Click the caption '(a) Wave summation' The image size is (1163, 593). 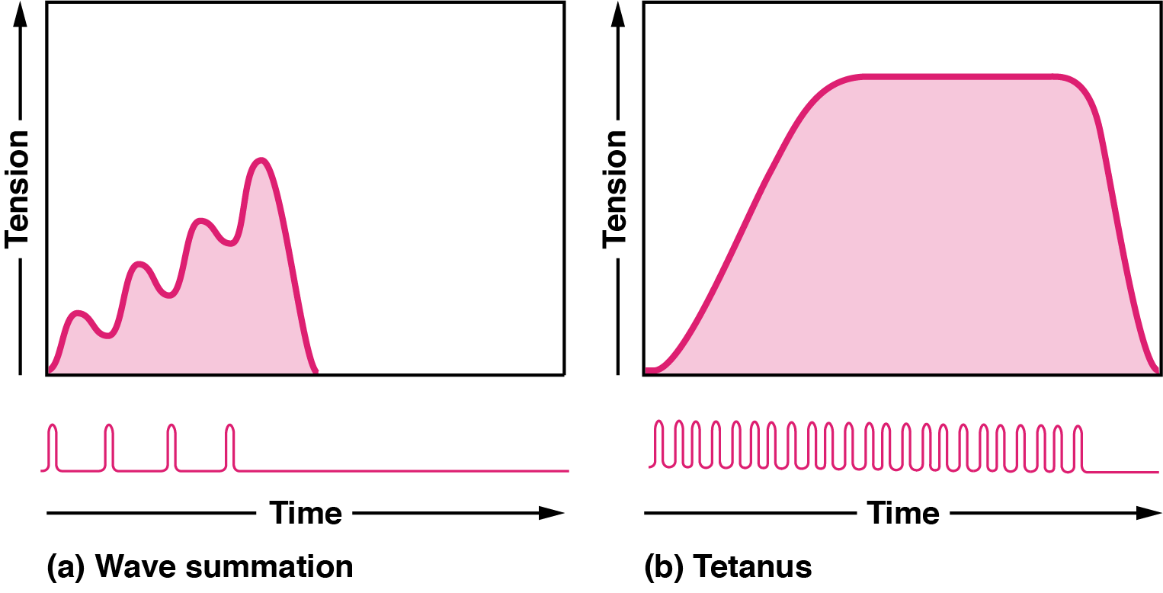pyautogui.click(x=200, y=568)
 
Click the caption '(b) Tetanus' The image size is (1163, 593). pyautogui.click(x=728, y=568)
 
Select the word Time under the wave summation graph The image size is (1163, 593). pyautogui.click(x=305, y=513)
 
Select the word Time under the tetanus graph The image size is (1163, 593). pyautogui.click(x=903, y=513)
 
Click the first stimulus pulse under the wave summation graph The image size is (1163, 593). pyautogui.click(x=53, y=446)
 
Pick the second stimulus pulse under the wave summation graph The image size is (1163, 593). pyautogui.click(x=109, y=446)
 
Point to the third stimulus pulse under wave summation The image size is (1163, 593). pyautogui.click(x=171, y=446)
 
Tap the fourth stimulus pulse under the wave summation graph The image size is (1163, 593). pyautogui.click(x=231, y=446)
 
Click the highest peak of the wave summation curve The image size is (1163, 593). pyautogui.click(x=261, y=160)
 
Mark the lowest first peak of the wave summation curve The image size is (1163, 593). pyautogui.click(x=78, y=313)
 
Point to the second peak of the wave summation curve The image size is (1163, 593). pyautogui.click(x=139, y=263)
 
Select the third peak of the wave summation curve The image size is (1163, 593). pyautogui.click(x=201, y=221)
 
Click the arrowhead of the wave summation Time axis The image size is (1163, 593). pyautogui.click(x=553, y=513)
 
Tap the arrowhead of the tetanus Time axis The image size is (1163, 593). pyautogui.click(x=1149, y=513)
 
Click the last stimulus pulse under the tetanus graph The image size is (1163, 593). pyautogui.click(x=1078, y=446)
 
